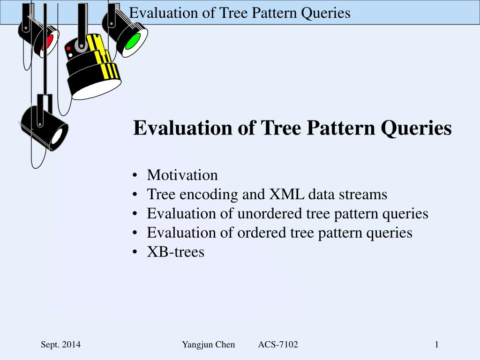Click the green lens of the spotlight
[133, 42]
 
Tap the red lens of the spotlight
[47, 42]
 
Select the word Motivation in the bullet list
[182, 175]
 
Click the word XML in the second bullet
[286, 194]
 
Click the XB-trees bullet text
[176, 252]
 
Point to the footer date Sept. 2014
[60, 345]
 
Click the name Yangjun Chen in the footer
[209, 345]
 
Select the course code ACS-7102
[278, 345]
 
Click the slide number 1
[436, 345]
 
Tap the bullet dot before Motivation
[135, 176]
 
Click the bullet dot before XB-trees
[135, 253]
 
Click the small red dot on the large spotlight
[68, 48]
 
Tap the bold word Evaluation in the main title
[183, 127]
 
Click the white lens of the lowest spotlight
[57, 136]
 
